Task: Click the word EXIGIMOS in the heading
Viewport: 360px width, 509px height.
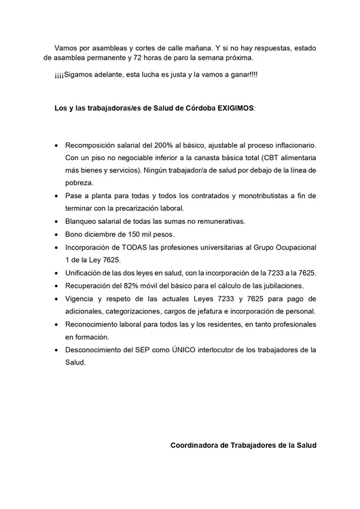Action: pyautogui.click(x=231, y=109)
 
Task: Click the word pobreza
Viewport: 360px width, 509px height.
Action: pyautogui.click(x=81, y=183)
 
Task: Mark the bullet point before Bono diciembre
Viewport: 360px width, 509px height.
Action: pyautogui.click(x=55, y=235)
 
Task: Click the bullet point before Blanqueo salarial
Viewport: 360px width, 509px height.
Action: pyautogui.click(x=55, y=222)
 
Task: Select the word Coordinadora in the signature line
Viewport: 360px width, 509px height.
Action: pyautogui.click(x=197, y=446)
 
